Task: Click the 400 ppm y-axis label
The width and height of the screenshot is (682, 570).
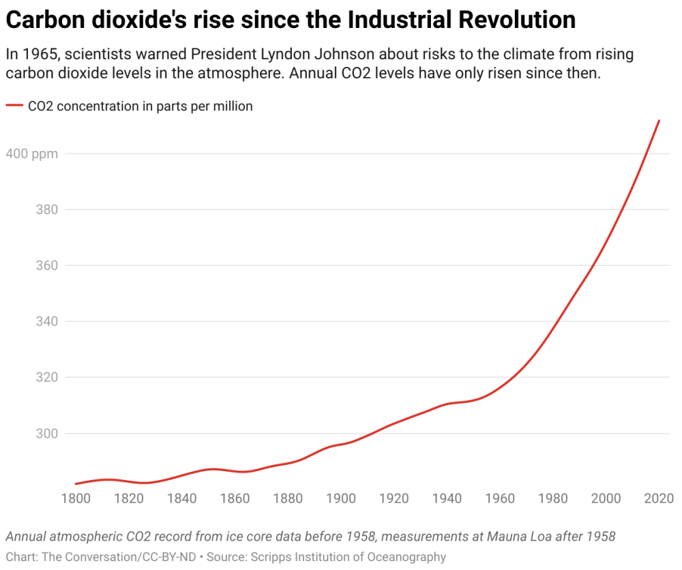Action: pos(32,153)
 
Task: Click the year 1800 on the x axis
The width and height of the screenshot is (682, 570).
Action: pos(76,498)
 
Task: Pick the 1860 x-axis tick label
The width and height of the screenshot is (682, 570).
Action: pos(234,498)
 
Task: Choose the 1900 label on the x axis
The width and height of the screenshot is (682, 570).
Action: pos(340,498)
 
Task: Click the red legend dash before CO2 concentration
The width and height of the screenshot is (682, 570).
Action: pos(14,106)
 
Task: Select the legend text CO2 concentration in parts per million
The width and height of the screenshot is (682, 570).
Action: pos(140,106)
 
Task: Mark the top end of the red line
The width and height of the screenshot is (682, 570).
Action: pos(658,121)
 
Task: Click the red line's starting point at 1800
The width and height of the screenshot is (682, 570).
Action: pos(76,484)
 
